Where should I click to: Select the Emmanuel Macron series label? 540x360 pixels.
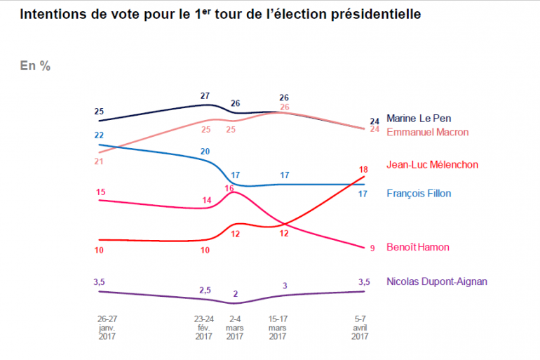428,131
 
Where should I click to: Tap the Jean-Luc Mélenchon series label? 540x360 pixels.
433,165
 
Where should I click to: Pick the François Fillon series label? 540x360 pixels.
419,194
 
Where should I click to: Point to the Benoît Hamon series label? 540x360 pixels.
418,247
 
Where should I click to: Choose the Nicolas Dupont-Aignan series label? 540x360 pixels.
437,281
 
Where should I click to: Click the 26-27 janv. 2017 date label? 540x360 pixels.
107,327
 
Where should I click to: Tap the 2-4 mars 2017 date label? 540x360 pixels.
236,327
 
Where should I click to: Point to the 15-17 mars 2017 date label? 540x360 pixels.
278,327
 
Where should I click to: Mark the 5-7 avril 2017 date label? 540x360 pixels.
360,327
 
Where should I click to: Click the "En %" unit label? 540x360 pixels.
34,66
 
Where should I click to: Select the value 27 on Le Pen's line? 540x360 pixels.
205,96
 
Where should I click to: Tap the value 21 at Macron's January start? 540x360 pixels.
99,161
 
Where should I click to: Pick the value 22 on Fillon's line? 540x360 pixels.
99,135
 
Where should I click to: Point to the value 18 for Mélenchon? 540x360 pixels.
363,170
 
